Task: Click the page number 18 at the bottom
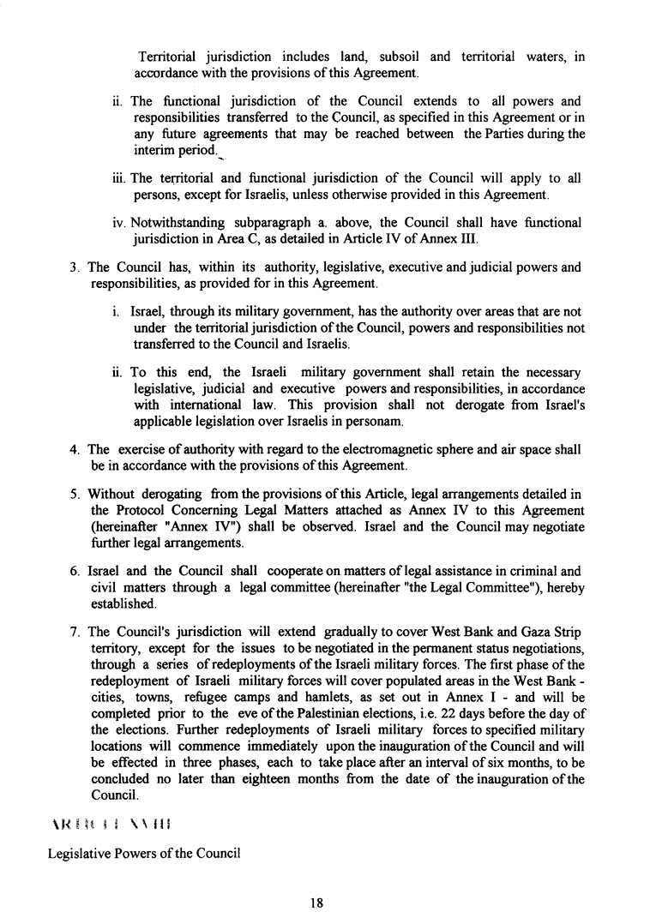(324, 902)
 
